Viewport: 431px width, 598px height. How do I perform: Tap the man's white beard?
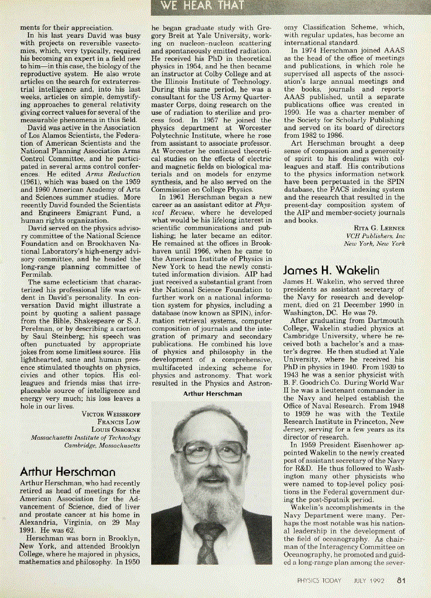(210, 496)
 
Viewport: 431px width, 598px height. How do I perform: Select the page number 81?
(401, 581)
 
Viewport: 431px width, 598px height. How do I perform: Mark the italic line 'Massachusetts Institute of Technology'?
(85, 438)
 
